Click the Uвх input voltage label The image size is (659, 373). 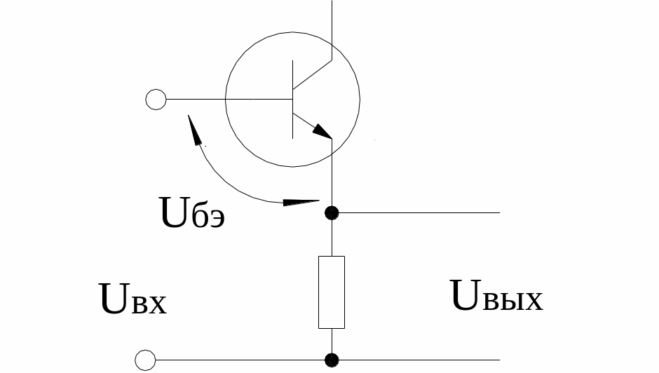[133, 299]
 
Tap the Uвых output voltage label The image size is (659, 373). [496, 296]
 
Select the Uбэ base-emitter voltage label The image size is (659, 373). [193, 212]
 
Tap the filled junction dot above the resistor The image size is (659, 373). [332, 213]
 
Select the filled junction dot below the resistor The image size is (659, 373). [332, 360]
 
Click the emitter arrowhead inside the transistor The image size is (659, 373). [322, 131]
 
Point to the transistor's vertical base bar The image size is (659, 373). [292, 100]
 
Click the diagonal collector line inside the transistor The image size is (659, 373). [312, 75]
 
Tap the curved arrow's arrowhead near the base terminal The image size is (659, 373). [193, 129]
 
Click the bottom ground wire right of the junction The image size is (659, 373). [419, 360]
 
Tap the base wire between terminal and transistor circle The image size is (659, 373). [196, 100]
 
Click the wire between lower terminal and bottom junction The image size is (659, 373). [240, 360]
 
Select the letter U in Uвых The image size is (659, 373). [465, 294]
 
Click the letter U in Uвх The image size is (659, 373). [114, 299]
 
